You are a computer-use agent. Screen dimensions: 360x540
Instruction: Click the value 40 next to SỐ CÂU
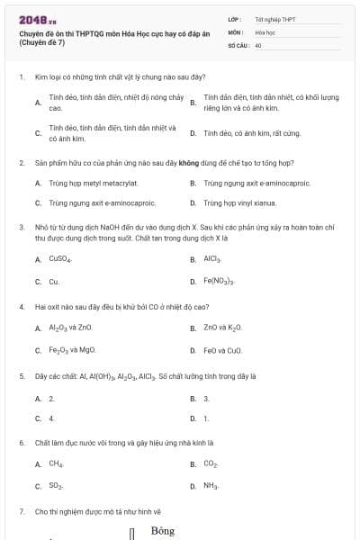point(258,44)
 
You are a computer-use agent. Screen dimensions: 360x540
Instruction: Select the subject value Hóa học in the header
point(265,31)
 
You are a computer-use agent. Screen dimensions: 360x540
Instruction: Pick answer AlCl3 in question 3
point(212,258)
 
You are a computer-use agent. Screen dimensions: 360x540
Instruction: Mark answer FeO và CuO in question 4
point(222,350)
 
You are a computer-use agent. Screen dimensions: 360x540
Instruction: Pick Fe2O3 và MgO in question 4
point(72,350)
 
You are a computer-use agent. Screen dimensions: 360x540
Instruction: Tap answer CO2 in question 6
point(211,464)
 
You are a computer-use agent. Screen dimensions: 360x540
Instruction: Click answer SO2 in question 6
point(56,487)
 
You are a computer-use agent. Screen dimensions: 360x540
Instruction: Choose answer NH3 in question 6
point(211,487)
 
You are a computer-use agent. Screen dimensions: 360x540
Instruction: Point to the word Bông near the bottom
point(163,531)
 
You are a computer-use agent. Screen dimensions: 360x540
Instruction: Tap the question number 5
point(21,375)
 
